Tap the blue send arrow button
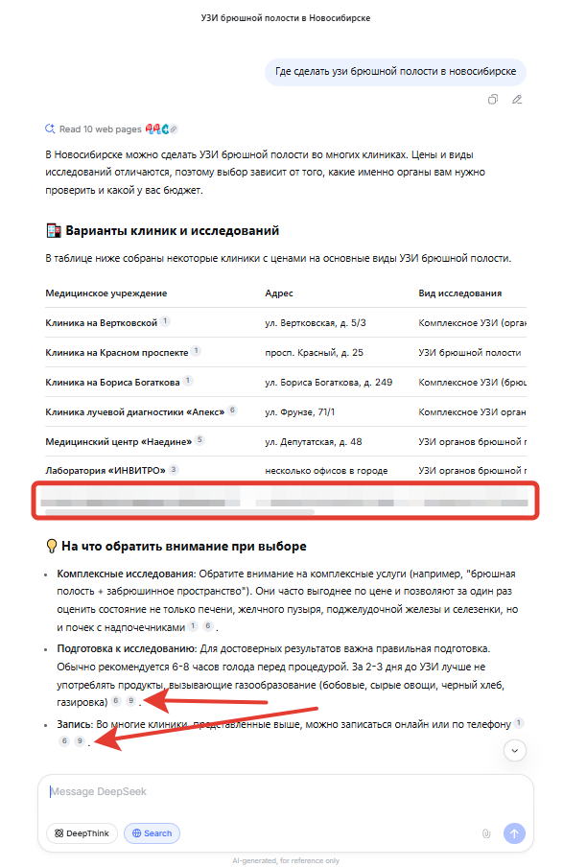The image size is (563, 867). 514,833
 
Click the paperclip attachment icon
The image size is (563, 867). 486,833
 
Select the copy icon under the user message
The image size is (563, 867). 493,99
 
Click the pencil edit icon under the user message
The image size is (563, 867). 517,99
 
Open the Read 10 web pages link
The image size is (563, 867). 100,129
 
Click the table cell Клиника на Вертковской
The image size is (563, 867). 102,323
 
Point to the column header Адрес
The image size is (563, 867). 279,293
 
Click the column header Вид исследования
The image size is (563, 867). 459,293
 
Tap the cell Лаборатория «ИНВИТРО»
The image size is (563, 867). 105,471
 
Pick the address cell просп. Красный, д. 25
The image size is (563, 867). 314,353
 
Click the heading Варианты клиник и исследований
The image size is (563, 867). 172,231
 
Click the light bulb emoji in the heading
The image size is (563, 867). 52,546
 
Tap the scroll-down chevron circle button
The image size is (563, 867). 515,750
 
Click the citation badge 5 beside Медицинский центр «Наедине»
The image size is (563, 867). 199,440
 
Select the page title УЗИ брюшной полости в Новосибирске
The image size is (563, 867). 286,18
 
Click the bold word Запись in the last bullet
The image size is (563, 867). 74,724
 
